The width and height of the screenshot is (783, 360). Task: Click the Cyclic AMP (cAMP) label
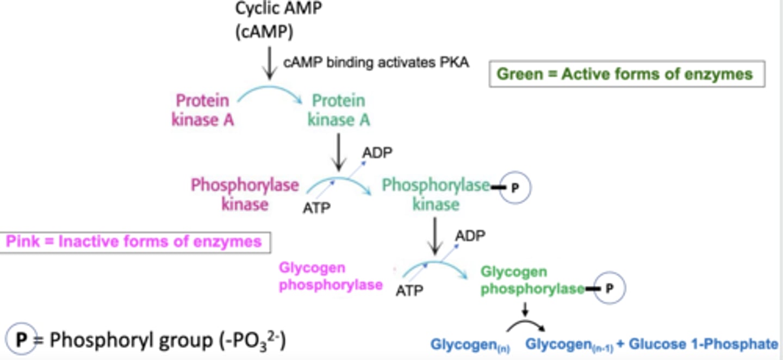click(x=264, y=20)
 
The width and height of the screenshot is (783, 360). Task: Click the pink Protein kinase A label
click(x=203, y=110)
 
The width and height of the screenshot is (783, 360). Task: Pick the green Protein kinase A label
click(x=338, y=110)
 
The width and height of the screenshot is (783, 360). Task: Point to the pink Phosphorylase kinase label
click(x=245, y=194)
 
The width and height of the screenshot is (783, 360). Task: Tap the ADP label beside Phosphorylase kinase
click(x=377, y=153)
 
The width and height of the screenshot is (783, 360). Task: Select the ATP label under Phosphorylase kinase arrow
click(x=316, y=207)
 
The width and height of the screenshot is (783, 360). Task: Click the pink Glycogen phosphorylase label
click(x=331, y=276)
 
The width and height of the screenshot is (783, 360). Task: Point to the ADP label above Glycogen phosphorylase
click(x=470, y=235)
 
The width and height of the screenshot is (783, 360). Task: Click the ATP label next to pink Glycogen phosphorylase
click(x=409, y=290)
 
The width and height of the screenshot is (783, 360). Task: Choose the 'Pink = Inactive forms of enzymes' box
click(x=134, y=241)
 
